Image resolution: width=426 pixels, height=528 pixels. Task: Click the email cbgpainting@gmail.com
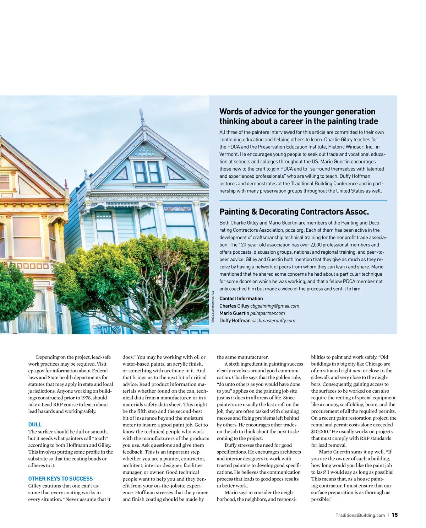point(274,306)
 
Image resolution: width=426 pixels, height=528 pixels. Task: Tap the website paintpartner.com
point(267,313)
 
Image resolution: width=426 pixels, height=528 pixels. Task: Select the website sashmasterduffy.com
point(273,321)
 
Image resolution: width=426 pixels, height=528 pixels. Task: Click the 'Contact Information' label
point(241,298)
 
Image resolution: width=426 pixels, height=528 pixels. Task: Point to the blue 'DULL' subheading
point(35,425)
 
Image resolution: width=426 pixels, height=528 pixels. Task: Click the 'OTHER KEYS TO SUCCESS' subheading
point(60,479)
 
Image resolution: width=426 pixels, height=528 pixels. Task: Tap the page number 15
point(395,515)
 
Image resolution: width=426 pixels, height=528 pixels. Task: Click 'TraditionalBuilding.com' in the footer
point(360,515)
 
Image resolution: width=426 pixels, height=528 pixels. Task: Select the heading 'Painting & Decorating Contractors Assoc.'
point(294,212)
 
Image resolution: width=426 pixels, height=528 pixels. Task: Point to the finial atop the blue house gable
point(142,115)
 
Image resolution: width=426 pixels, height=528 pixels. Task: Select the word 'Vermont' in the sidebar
point(229,154)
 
